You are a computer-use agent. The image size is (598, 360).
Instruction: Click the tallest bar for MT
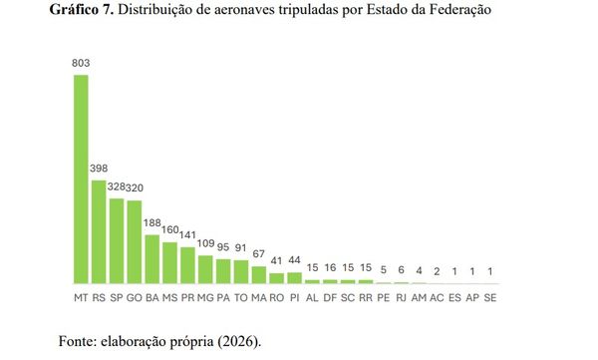click(x=81, y=180)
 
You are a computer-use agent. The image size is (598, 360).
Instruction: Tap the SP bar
click(x=117, y=240)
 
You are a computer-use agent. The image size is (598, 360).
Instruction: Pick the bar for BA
click(x=152, y=259)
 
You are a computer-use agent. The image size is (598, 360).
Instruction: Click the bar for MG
click(x=205, y=269)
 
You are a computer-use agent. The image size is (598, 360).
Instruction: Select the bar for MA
click(x=259, y=275)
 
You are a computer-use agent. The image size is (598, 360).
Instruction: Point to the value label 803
click(x=81, y=64)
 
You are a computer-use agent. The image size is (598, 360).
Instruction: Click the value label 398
click(x=99, y=169)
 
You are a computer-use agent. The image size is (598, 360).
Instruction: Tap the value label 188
click(x=152, y=224)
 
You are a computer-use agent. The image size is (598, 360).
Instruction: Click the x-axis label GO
click(x=135, y=297)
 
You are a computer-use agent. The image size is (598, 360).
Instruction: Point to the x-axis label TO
click(x=241, y=297)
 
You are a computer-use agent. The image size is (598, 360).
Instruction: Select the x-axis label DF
click(x=330, y=297)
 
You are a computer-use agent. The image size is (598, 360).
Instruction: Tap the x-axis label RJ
click(x=401, y=297)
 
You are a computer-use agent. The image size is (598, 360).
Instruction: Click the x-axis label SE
click(x=490, y=297)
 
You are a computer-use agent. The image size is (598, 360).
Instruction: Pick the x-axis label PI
click(x=295, y=297)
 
